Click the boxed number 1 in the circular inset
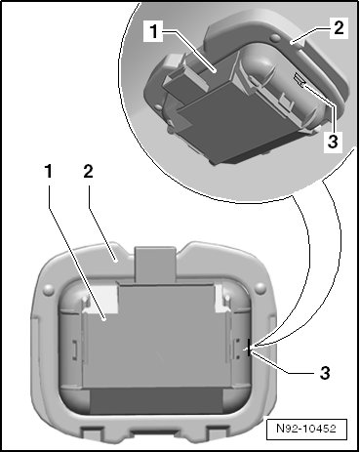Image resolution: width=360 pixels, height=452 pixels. click(153, 32)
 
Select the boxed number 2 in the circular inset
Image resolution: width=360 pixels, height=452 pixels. click(339, 27)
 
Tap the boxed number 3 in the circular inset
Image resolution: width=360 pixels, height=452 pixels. click(333, 142)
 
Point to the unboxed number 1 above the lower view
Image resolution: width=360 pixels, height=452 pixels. click(49, 171)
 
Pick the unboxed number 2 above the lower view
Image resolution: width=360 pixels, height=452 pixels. click(88, 171)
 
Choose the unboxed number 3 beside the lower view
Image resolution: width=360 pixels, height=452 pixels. click(325, 373)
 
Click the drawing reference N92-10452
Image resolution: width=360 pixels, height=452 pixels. click(306, 429)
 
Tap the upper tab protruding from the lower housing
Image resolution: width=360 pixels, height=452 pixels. click(155, 265)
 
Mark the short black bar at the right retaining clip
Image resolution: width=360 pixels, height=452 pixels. click(249, 348)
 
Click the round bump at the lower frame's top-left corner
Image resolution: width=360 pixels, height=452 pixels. click(49, 288)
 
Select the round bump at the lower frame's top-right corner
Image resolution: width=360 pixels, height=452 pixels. click(260, 287)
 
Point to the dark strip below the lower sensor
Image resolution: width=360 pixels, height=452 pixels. click(156, 401)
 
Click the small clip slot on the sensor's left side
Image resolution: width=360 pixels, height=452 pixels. click(75, 349)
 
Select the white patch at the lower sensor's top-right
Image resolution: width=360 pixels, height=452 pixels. click(220, 297)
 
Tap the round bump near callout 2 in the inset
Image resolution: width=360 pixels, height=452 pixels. click(276, 39)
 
